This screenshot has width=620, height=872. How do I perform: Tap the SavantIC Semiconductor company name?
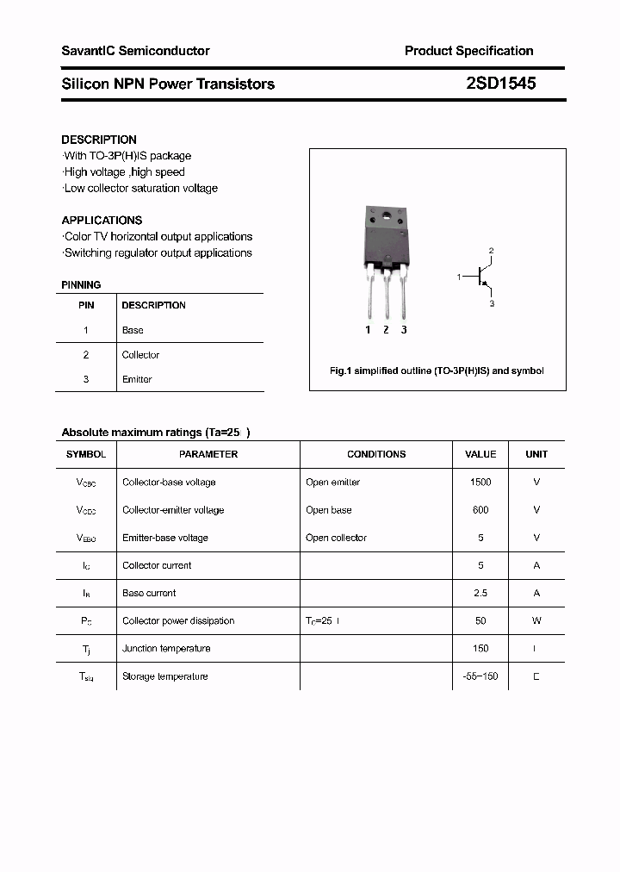135,51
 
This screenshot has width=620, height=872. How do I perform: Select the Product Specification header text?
468,51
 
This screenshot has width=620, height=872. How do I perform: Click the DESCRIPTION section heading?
99,140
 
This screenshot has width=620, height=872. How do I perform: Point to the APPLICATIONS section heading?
102,221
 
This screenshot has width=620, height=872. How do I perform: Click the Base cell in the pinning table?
133,330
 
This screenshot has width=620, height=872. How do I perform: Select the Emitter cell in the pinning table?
137,379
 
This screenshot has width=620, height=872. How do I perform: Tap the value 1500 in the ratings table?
480,483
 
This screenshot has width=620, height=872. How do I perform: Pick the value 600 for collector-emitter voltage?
480,510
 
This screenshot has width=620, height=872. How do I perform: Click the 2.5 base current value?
480,593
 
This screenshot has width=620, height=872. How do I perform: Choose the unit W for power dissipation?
536,620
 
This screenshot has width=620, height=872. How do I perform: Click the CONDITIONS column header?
376,454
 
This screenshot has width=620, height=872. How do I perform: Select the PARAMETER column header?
208,454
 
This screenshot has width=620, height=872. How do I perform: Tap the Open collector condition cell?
336,538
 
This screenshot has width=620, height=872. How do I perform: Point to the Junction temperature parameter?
166,649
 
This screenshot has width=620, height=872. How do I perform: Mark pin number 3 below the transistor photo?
404,330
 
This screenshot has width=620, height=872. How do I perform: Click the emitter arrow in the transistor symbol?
487,287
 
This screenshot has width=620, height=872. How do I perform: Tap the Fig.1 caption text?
437,371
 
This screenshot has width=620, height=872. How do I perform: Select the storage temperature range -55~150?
480,676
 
